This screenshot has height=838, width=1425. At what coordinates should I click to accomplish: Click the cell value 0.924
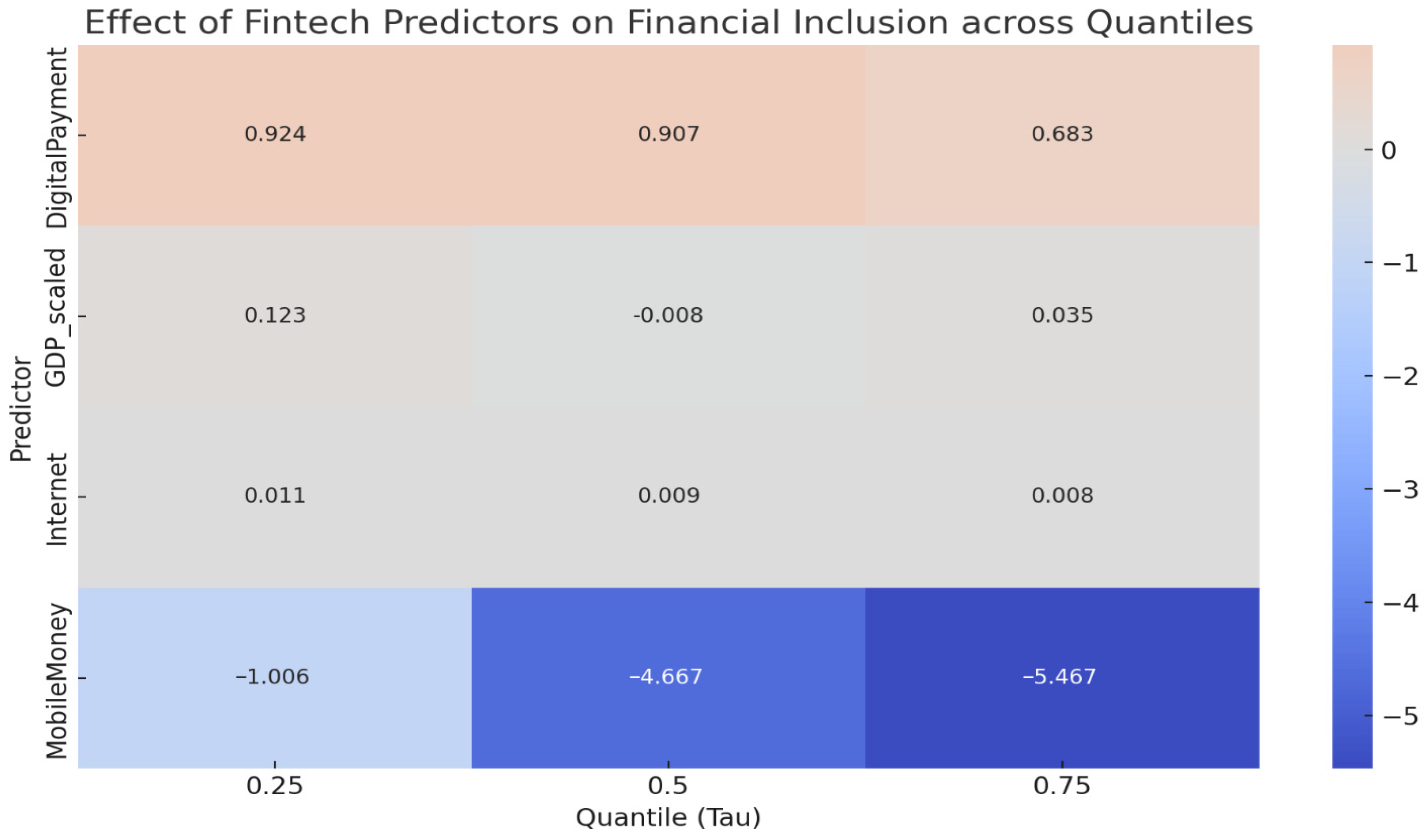pos(275,135)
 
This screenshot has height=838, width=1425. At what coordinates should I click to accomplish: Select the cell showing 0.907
pos(668,135)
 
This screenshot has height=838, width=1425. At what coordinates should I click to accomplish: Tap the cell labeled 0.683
pos(1062,135)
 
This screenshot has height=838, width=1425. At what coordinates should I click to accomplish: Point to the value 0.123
pos(275,316)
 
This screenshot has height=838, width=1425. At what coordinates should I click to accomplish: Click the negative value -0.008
pos(668,316)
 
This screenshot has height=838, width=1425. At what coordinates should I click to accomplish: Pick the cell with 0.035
pos(1062,316)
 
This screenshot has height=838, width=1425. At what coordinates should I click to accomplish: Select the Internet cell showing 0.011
pos(275,496)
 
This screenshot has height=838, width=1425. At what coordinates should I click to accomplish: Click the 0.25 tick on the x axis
pos(275,786)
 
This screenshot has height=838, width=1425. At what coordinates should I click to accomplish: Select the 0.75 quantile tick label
pos(1062,786)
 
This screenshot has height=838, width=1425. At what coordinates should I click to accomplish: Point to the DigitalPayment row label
pos(57,137)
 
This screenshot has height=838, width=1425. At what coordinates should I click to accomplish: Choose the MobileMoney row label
pos(57,682)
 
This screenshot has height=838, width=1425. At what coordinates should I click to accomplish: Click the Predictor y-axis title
pos(21,409)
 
